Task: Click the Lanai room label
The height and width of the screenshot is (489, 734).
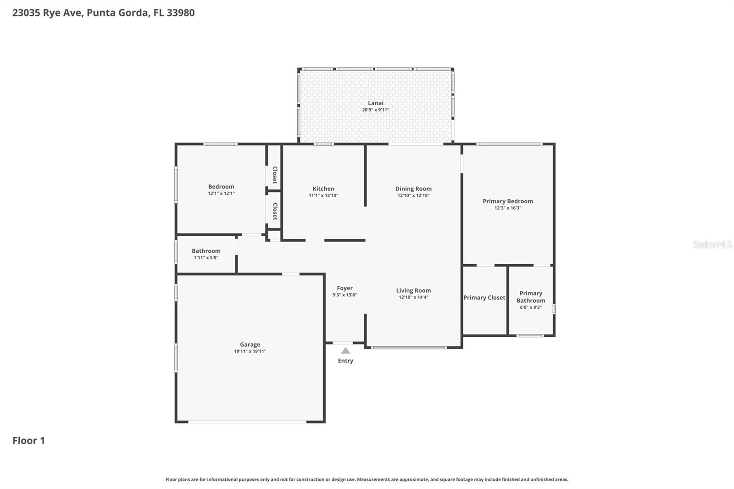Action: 375,103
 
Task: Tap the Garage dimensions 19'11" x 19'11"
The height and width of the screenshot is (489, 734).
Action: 250,351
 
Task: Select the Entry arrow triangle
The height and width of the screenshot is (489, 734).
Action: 345,351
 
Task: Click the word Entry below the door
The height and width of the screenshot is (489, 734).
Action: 345,361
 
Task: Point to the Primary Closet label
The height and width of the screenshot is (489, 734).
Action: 484,298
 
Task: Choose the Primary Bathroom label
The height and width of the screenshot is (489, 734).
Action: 531,297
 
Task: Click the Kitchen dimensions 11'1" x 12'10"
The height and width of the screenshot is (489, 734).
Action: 323,195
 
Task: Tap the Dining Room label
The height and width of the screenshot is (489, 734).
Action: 413,189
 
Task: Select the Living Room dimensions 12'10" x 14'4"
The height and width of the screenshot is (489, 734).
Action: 413,297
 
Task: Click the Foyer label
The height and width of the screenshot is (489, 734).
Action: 345,288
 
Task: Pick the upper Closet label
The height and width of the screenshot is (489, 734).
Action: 275,175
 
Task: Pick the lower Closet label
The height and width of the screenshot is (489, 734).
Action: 275,211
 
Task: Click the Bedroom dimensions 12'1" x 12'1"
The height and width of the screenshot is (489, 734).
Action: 221,194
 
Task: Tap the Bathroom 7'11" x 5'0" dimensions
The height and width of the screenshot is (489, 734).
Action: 206,258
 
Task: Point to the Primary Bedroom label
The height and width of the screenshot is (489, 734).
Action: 507,201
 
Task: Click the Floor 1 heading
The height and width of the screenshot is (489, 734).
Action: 28,440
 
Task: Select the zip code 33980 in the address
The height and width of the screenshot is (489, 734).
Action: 180,13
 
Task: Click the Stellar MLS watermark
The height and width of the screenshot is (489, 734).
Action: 712,244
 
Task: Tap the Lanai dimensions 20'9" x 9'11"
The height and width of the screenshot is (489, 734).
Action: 375,110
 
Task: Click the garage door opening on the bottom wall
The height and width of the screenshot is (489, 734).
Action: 247,422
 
